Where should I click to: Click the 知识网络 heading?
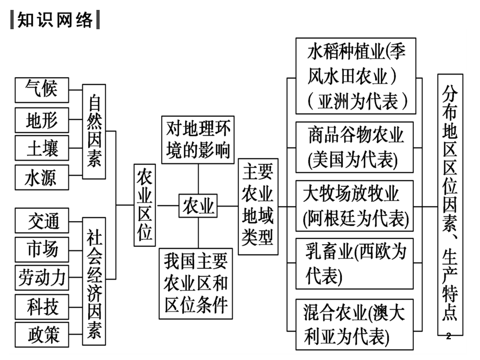click(x=55, y=20)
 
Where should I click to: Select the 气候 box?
click(x=42, y=90)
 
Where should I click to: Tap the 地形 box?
click(x=42, y=120)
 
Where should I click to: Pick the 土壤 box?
click(x=42, y=148)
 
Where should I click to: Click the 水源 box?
click(x=42, y=177)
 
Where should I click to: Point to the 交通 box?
click(x=42, y=220)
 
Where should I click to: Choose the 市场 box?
click(x=42, y=249)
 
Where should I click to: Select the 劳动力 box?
click(x=42, y=278)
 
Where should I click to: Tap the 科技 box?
click(x=42, y=307)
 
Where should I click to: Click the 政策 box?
click(x=42, y=334)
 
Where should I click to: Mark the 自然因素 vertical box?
click(x=94, y=131)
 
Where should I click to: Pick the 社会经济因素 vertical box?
click(x=94, y=281)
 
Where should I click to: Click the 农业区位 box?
click(x=145, y=205)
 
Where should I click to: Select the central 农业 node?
click(x=198, y=206)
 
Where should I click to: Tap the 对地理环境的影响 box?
click(x=198, y=140)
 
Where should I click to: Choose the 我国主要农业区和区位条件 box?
click(x=196, y=283)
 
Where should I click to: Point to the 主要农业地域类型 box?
click(x=258, y=207)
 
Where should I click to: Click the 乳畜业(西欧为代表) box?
click(x=354, y=263)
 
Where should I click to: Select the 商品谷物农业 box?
click(x=354, y=147)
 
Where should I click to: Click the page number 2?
click(x=449, y=336)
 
